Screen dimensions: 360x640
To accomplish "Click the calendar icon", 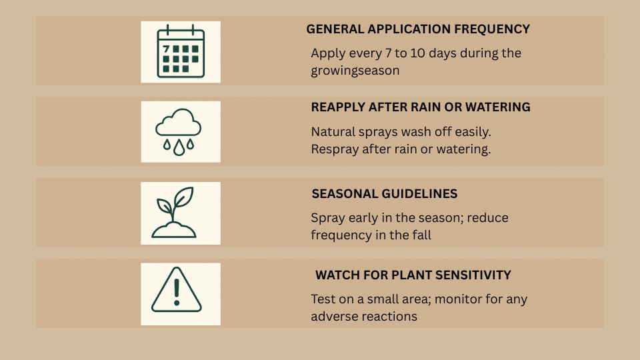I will click(x=180, y=51).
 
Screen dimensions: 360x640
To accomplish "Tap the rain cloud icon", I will click(x=179, y=131).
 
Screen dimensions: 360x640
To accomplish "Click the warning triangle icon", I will click(x=176, y=290).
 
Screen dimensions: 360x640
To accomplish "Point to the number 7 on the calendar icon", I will click(x=166, y=49).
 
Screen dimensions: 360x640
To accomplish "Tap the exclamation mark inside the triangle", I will click(x=176, y=291).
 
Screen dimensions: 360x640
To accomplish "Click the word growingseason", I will click(x=355, y=70).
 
